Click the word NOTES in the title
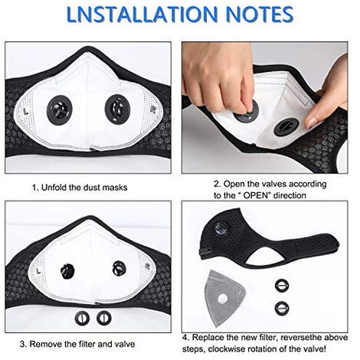[260, 14]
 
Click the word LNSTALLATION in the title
[142, 14]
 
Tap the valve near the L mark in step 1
[60, 110]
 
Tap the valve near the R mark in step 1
[117, 110]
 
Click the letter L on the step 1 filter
[25, 112]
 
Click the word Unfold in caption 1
[53, 188]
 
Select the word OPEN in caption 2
[257, 195]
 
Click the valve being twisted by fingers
[247, 113]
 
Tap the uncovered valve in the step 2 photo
[286, 127]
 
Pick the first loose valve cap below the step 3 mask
[82, 319]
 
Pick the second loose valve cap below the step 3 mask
[104, 318]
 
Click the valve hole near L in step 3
[67, 271]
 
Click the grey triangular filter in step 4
[224, 297]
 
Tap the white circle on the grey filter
[223, 298]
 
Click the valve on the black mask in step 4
[221, 228]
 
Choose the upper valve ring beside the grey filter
[282, 286]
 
